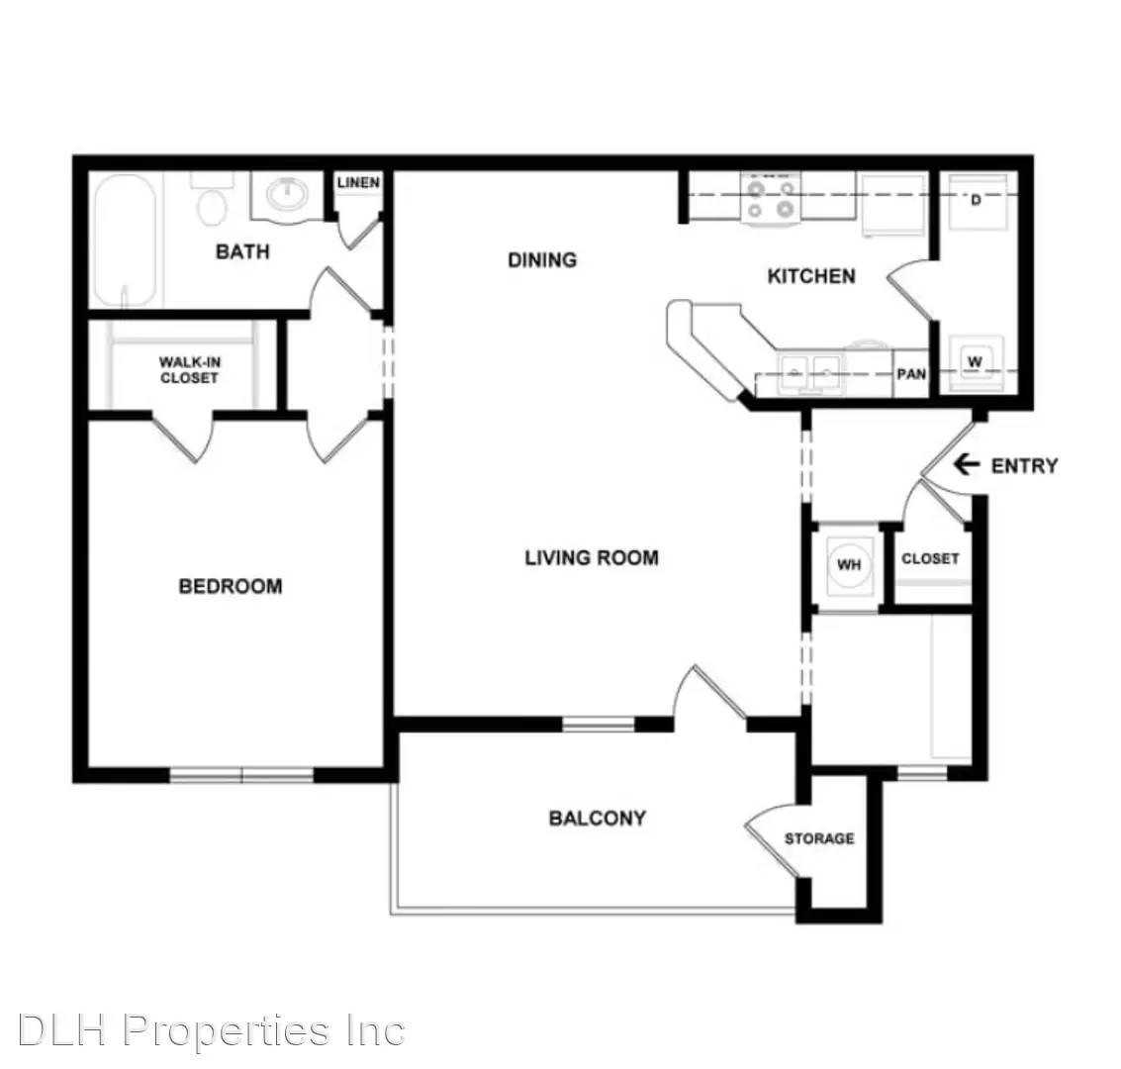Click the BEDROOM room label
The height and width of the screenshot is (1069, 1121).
point(230,586)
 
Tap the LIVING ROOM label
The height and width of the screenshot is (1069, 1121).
point(591,557)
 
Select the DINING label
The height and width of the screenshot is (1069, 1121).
point(541,259)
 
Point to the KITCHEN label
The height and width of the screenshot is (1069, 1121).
point(811,276)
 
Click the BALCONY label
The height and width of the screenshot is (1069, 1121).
point(597,818)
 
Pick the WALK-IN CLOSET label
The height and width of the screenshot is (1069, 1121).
point(189,370)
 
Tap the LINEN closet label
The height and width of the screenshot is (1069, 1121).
point(357,183)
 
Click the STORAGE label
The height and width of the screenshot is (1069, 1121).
point(819,838)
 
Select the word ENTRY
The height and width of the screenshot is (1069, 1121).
point(1024,465)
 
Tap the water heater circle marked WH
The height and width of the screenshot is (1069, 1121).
point(849,564)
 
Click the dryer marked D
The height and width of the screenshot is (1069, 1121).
point(975,200)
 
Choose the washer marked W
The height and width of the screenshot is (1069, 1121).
point(975,362)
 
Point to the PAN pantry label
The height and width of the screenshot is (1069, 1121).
point(911,374)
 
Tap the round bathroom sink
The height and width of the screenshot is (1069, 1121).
point(288,195)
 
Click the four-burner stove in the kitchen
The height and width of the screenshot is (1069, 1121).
point(772,197)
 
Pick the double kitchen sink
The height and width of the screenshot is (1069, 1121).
point(810,373)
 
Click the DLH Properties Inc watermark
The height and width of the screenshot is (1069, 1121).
point(211,1031)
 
